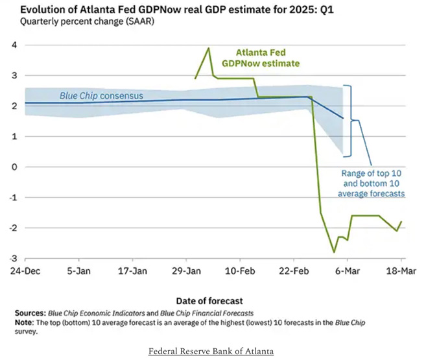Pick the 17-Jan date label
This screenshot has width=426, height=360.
(x=133, y=270)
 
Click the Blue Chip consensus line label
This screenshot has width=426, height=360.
(x=101, y=96)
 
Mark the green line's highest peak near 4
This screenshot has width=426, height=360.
(x=209, y=48)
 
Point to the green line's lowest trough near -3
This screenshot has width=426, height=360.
(x=335, y=252)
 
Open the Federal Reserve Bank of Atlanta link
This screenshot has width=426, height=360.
(x=211, y=352)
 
